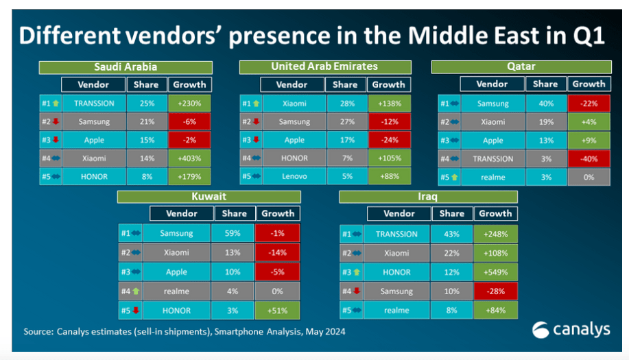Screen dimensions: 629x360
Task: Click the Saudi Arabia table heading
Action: point(126,67)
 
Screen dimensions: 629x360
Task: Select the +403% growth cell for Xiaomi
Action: point(189,158)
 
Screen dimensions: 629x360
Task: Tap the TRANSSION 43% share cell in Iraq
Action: point(451,234)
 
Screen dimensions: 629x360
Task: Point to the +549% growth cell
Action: point(496,272)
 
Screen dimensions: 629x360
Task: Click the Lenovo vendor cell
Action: point(294,176)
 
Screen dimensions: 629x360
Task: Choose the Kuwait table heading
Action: point(209,196)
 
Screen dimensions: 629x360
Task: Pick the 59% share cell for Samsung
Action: point(233,233)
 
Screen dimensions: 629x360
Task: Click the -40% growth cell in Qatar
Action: point(589,159)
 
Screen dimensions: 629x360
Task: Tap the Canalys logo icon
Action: point(541,330)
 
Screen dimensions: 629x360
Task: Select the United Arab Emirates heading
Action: point(325,67)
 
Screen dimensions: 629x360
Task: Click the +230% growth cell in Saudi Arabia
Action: point(189,104)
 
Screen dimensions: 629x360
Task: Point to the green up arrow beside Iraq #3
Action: point(356,272)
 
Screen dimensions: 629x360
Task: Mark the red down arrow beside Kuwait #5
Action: point(136,311)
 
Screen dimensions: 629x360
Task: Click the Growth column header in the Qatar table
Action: point(589,84)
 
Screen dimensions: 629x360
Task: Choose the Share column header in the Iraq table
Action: point(452,214)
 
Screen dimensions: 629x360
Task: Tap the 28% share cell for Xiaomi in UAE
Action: point(347,104)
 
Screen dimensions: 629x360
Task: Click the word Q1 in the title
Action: point(589,36)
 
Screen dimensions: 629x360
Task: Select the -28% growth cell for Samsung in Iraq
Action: point(496,291)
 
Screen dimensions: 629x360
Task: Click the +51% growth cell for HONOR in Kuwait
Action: point(278,311)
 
